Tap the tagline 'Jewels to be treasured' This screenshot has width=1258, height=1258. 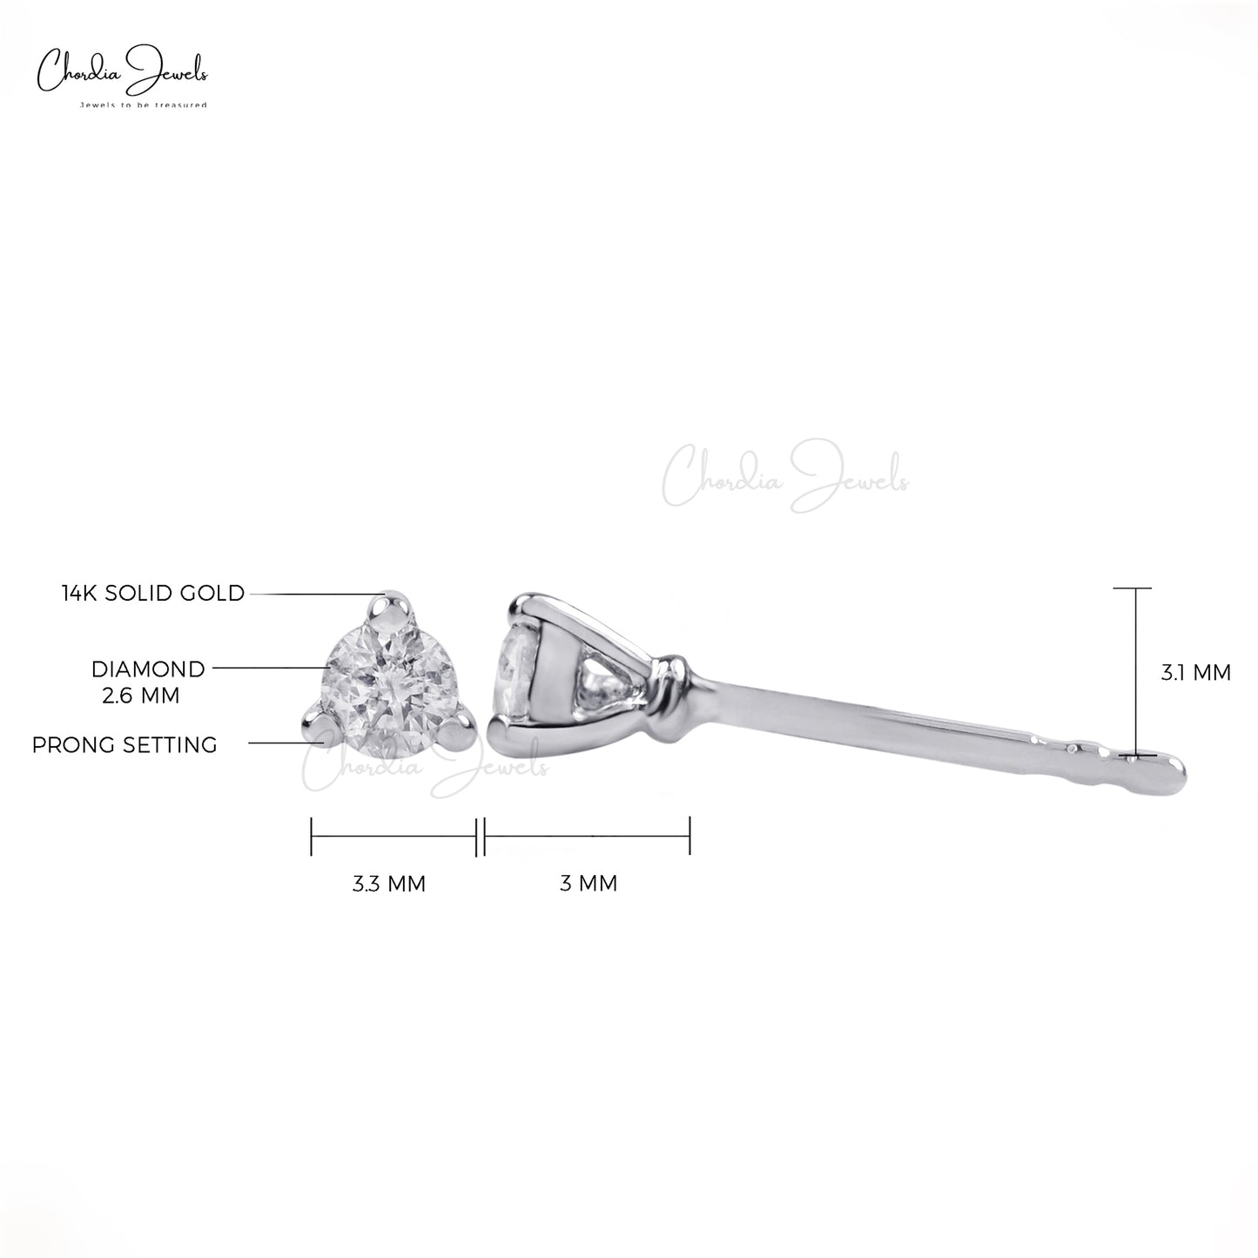(x=143, y=104)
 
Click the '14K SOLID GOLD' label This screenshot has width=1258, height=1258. (x=153, y=594)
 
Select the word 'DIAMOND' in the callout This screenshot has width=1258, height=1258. (x=148, y=669)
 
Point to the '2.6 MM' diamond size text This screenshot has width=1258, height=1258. (x=141, y=696)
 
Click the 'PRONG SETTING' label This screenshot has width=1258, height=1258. (x=124, y=745)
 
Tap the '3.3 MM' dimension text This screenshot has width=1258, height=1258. (x=389, y=884)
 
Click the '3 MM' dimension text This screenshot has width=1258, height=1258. (x=589, y=884)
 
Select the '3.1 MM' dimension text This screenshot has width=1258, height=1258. (x=1196, y=672)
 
